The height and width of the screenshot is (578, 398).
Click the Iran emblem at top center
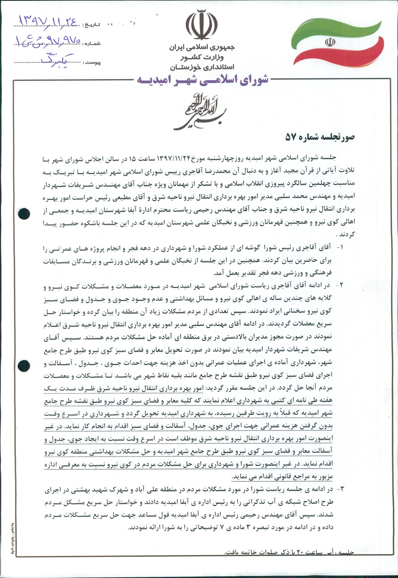pyautogui.click(x=201, y=25)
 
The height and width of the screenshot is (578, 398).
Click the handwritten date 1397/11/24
pyautogui.click(x=46, y=21)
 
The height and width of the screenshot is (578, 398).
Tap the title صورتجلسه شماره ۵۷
pyautogui.click(x=319, y=137)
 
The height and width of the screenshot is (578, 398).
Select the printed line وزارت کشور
pyautogui.click(x=202, y=58)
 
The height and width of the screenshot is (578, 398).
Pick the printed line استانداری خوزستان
pyautogui.click(x=202, y=67)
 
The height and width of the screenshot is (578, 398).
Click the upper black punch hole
pyautogui.click(x=24, y=213)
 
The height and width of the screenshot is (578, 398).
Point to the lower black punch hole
pyautogui.click(x=24, y=365)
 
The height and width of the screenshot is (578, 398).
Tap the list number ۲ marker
pyautogui.click(x=339, y=285)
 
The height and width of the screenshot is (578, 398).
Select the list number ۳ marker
pyautogui.click(x=339, y=488)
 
